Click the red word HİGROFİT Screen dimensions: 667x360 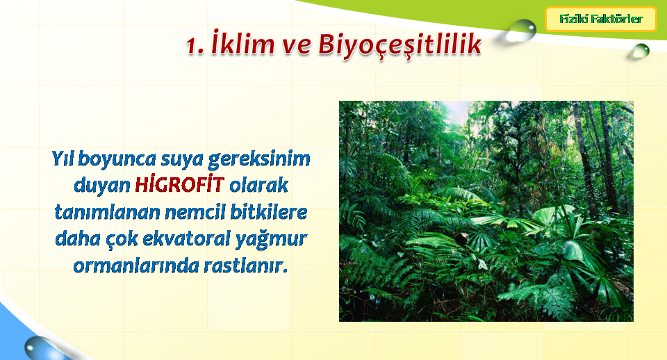click(x=179, y=185)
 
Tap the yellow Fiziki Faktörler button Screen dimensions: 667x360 click(x=601, y=19)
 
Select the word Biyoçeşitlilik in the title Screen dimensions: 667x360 click(x=400, y=45)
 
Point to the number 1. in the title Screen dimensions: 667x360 click(x=196, y=46)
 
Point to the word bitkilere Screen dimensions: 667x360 click(x=269, y=212)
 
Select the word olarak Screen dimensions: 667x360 click(x=258, y=185)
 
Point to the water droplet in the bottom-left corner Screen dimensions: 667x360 click(x=42, y=348)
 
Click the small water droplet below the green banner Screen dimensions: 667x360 click(x=640, y=51)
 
